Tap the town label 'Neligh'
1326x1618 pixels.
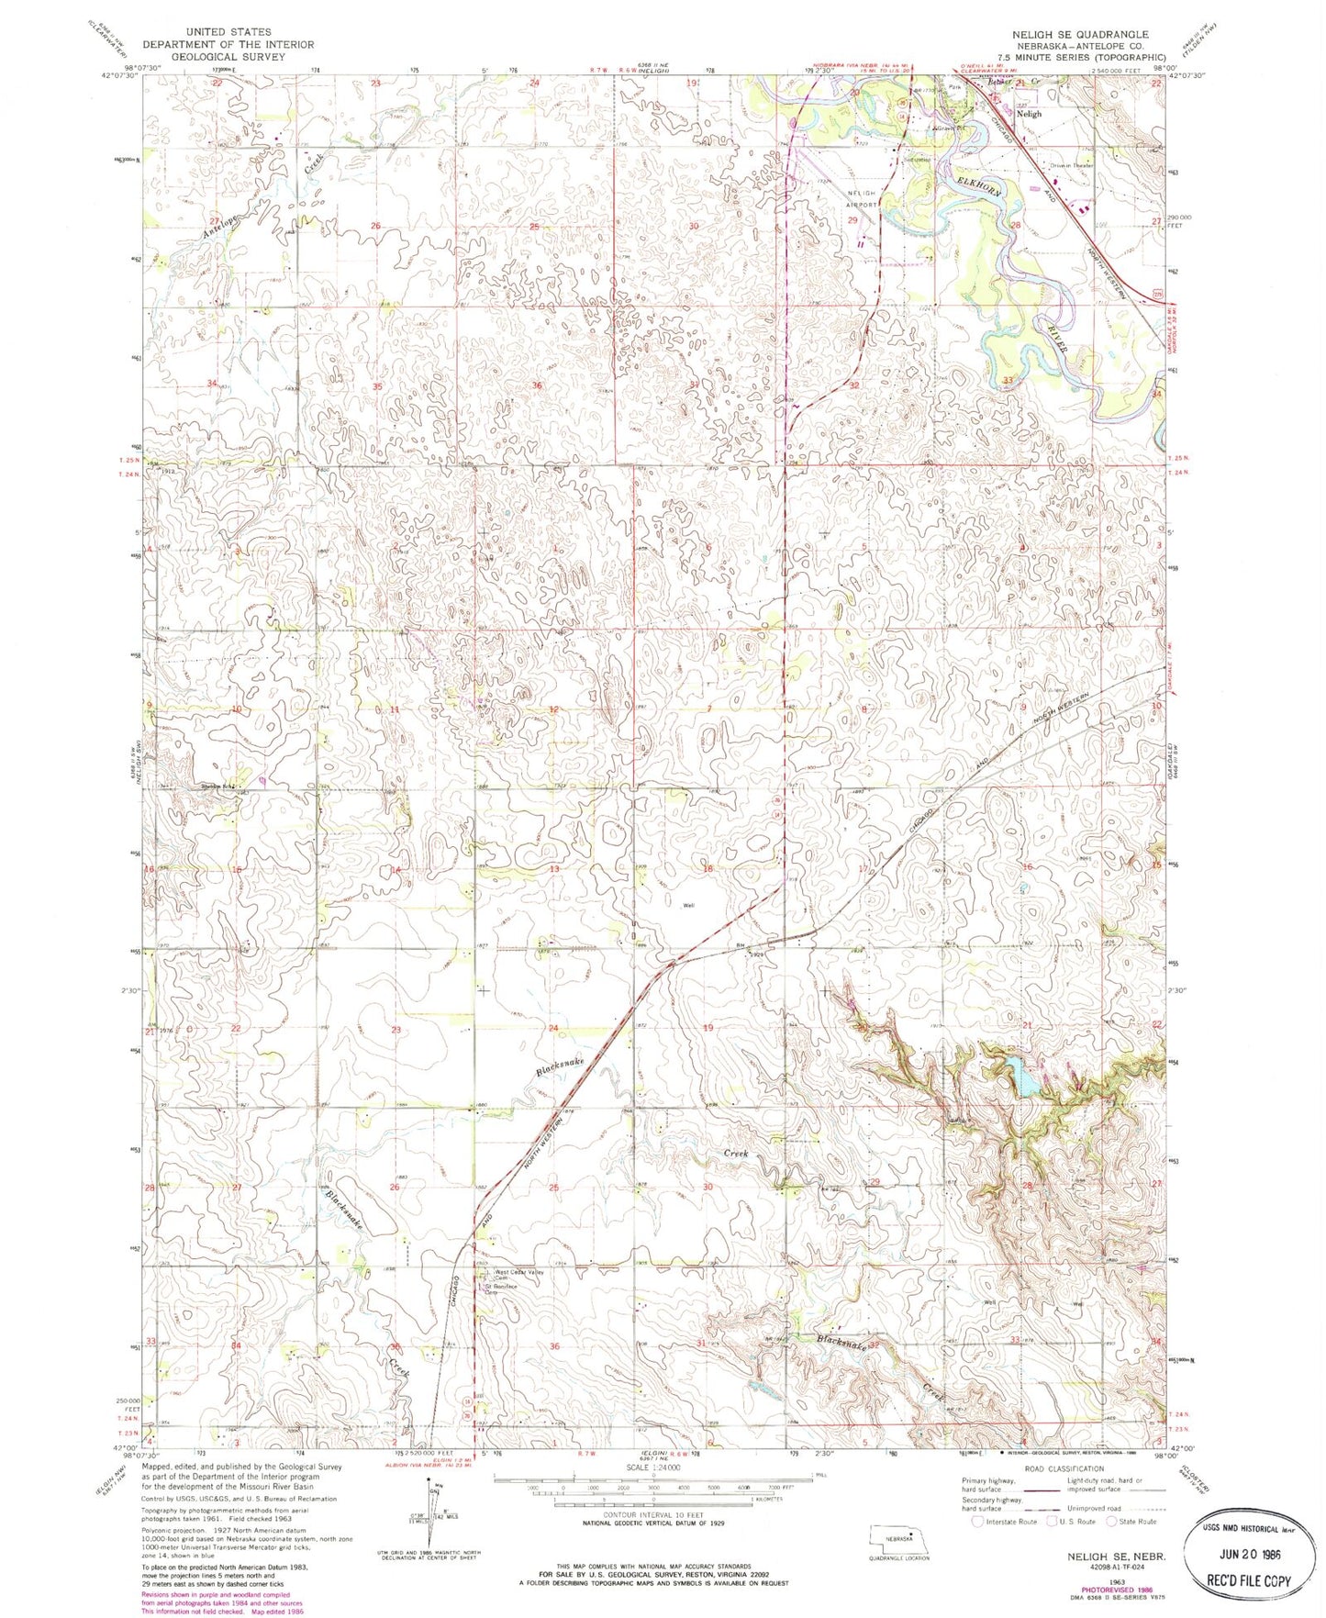point(1029,114)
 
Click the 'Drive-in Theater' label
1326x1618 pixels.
point(1074,165)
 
